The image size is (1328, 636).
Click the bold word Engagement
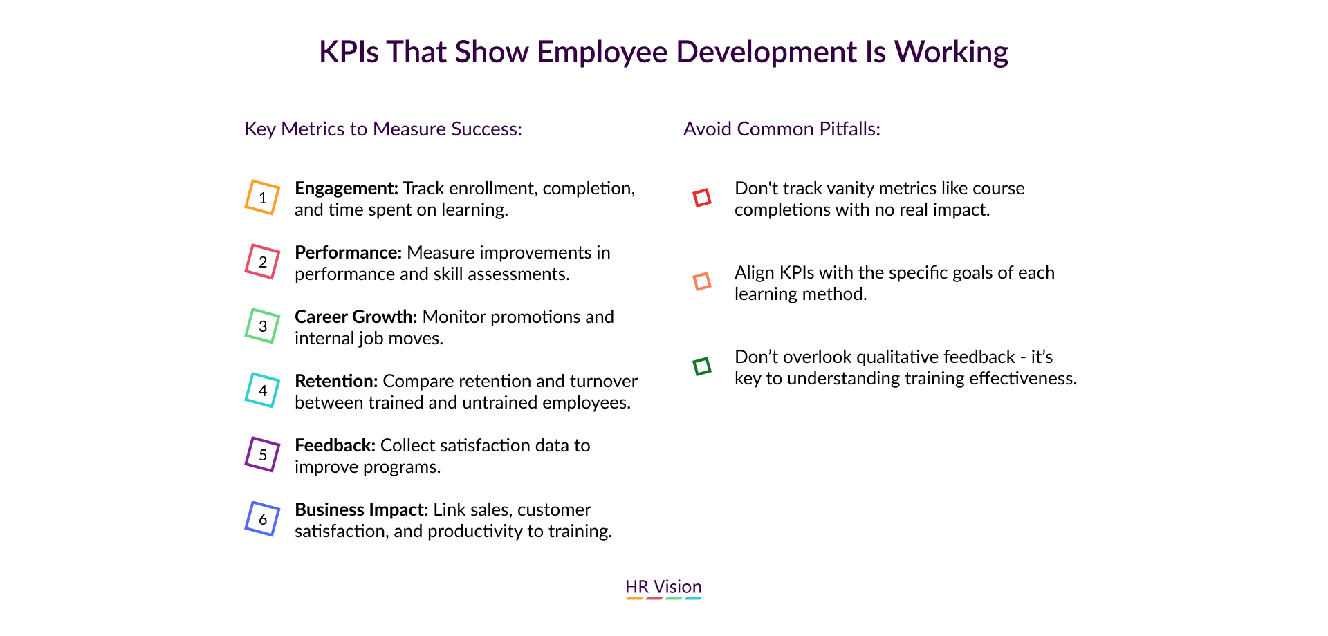coord(347,189)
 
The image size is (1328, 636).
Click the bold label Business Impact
coord(362,509)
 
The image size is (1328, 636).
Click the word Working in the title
coord(951,53)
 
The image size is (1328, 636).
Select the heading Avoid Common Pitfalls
coord(782,129)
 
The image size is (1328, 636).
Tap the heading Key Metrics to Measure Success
coord(383,129)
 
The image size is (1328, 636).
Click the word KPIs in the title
coord(349,52)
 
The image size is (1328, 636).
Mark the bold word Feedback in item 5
coord(335,445)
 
